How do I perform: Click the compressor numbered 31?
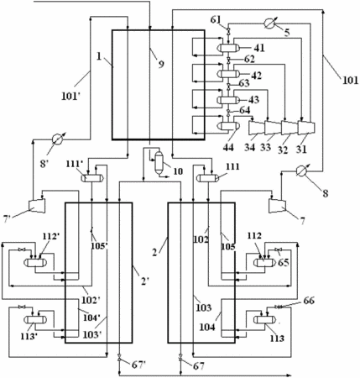(x=306, y=128)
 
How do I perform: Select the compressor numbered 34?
(x=257, y=128)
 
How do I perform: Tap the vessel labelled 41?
(x=229, y=48)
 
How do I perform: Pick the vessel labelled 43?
(x=229, y=100)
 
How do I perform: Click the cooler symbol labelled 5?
(x=270, y=24)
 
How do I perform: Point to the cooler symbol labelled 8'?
(x=58, y=139)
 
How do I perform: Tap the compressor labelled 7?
(x=277, y=206)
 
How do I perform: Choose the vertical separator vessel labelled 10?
(x=159, y=162)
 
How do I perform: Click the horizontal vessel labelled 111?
(x=208, y=177)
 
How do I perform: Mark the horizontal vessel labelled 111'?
(x=92, y=177)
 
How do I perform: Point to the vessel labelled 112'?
(x=35, y=262)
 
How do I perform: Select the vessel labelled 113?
(x=264, y=319)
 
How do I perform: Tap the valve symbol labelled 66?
(x=278, y=307)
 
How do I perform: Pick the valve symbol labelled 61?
(x=228, y=29)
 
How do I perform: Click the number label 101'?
(x=71, y=97)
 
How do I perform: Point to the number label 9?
(x=161, y=65)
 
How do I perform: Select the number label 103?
(x=203, y=307)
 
